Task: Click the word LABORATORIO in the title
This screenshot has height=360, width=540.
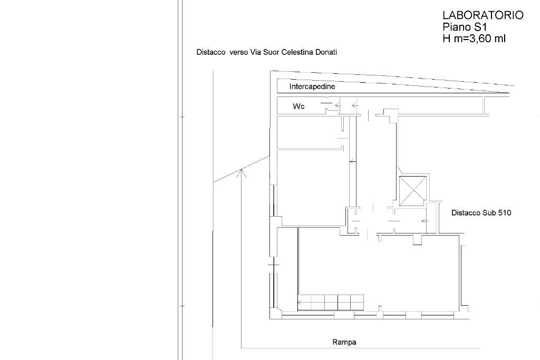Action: [483, 15]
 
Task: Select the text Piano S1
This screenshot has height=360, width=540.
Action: [465, 26]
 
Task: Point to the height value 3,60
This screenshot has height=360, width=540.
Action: [477, 38]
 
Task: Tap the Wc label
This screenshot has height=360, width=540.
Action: [298, 106]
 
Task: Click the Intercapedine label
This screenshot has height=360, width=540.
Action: [312, 86]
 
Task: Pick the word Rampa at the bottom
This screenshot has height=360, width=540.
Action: [344, 342]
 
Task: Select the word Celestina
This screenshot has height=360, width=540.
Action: [297, 52]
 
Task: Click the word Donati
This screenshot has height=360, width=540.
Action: [326, 52]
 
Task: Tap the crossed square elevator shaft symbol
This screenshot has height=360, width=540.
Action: [412, 191]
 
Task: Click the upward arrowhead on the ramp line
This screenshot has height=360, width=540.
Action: [242, 173]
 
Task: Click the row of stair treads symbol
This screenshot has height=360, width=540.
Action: [331, 303]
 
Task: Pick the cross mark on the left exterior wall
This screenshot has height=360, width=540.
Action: [274, 265]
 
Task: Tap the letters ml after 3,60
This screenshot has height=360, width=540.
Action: [500, 38]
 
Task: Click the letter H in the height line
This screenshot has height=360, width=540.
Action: [446, 38]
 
